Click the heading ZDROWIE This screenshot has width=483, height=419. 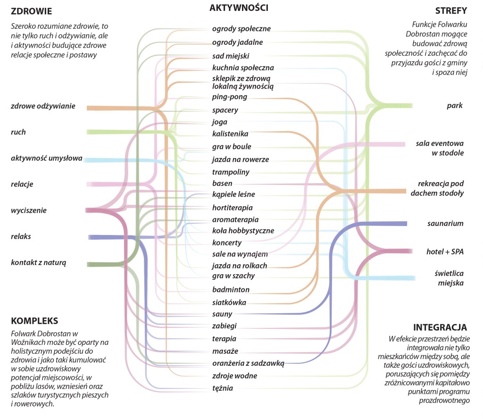(31, 11)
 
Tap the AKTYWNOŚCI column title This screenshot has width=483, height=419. (239, 8)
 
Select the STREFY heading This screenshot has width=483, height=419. (451, 10)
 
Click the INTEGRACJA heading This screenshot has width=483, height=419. (440, 327)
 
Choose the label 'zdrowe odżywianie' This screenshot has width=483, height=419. (43, 106)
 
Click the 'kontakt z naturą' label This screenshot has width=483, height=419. (39, 262)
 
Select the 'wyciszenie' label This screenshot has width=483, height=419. (29, 210)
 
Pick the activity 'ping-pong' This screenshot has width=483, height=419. (229, 97)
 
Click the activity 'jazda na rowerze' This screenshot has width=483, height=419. (240, 159)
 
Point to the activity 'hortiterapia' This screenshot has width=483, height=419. (233, 208)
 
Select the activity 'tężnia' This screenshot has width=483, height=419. (223, 388)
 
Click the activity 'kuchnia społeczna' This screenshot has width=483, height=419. (243, 68)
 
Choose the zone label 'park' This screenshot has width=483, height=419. (455, 106)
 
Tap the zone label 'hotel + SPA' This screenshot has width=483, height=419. (443, 251)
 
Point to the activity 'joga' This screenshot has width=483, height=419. (220, 122)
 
